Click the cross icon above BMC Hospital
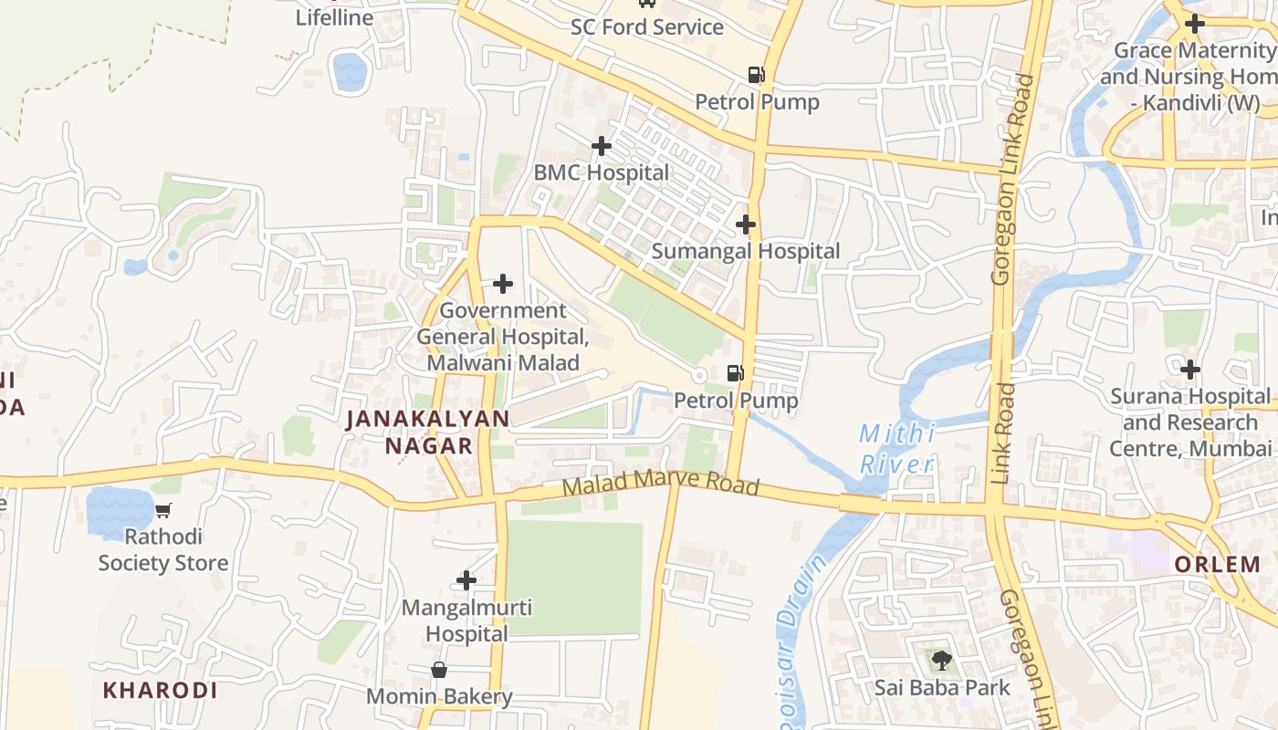point(601,146)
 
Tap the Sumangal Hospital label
point(746,251)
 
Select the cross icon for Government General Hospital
point(502,285)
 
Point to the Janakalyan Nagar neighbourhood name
point(428,433)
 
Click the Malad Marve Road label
point(660,485)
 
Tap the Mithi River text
point(896,449)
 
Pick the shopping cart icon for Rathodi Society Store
point(163,511)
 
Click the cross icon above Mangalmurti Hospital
point(466,580)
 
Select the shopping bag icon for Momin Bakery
point(439,671)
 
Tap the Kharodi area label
point(160,691)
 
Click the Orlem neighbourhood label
point(1217,565)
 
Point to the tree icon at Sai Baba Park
point(941,660)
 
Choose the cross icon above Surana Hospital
point(1189,370)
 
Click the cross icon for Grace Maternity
point(1194,24)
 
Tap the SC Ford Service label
point(646,27)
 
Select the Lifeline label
point(334,17)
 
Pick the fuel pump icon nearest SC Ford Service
point(756,75)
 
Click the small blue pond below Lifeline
point(350,72)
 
